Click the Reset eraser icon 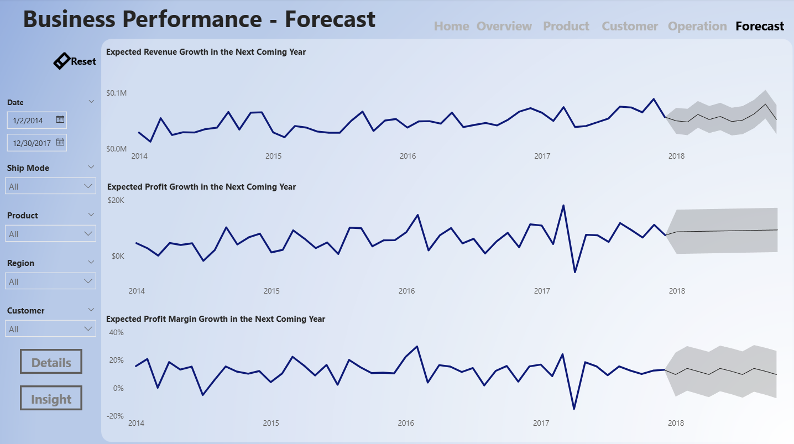tap(61, 61)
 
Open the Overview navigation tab tap(504, 26)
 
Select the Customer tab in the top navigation tap(630, 26)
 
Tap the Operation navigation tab tap(697, 26)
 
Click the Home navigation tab tap(451, 26)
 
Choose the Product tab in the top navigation tap(566, 26)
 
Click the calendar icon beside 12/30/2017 tap(60, 143)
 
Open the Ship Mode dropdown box tap(50, 186)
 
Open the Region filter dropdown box tap(50, 281)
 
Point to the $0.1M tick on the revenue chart tap(116, 93)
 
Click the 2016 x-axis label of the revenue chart tap(408, 156)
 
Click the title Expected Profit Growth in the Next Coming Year tap(201, 187)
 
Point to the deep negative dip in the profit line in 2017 tap(575, 272)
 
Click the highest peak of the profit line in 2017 tap(563, 206)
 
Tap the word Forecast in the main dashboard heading tap(330, 19)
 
